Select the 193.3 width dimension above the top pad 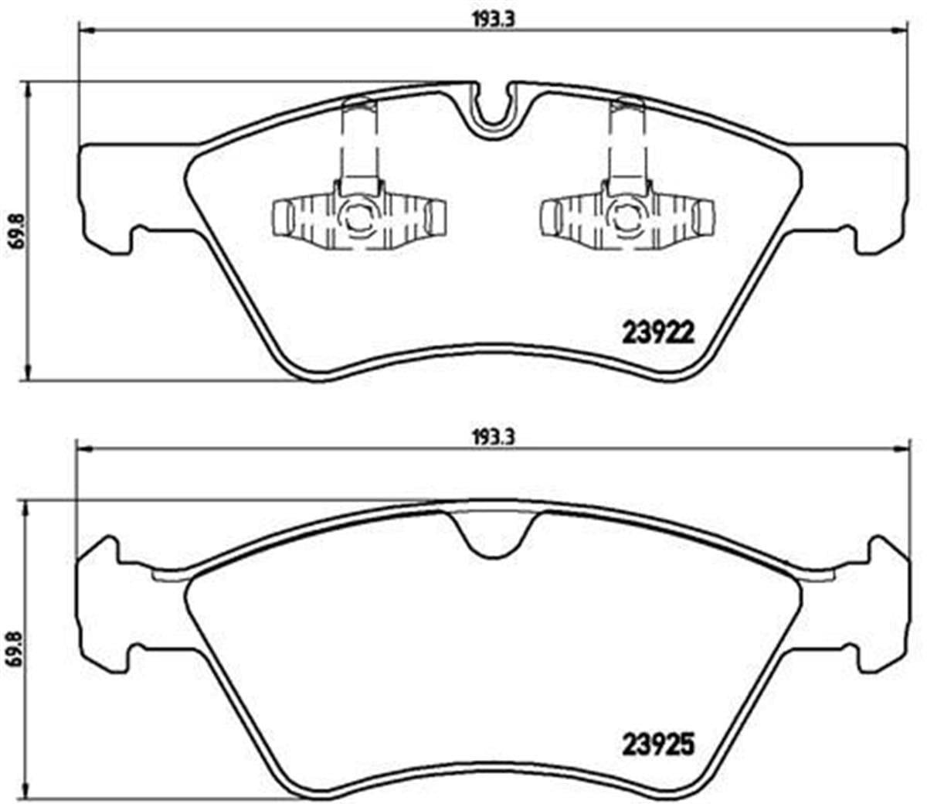point(493,21)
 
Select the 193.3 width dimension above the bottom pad point(493,437)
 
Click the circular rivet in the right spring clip point(626,220)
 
